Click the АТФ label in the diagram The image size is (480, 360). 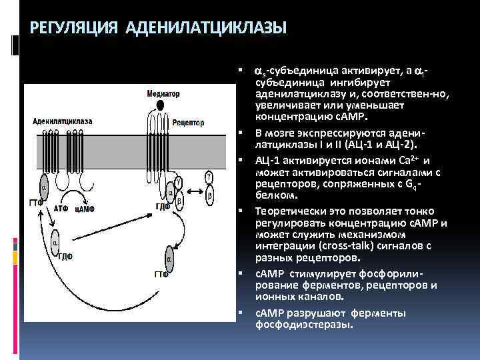pyautogui.click(x=61, y=209)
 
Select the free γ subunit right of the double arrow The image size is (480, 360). pyautogui.click(x=209, y=177)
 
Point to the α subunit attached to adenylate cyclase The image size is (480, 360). pyautogui.click(x=45, y=189)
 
